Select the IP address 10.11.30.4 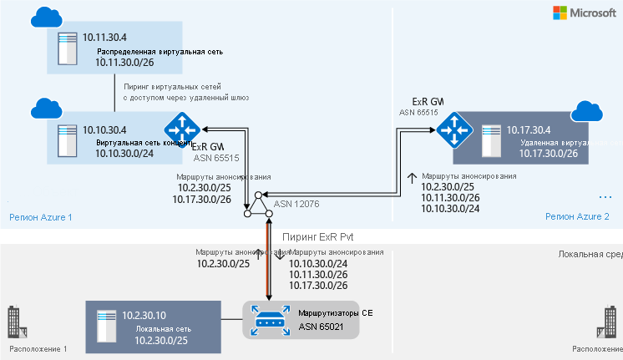[104, 38]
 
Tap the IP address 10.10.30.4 [104, 129]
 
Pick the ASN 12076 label [298, 203]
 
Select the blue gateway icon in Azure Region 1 [180, 129]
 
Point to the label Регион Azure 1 [40, 217]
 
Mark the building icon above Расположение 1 [13, 319]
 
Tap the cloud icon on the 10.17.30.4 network [587, 113]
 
